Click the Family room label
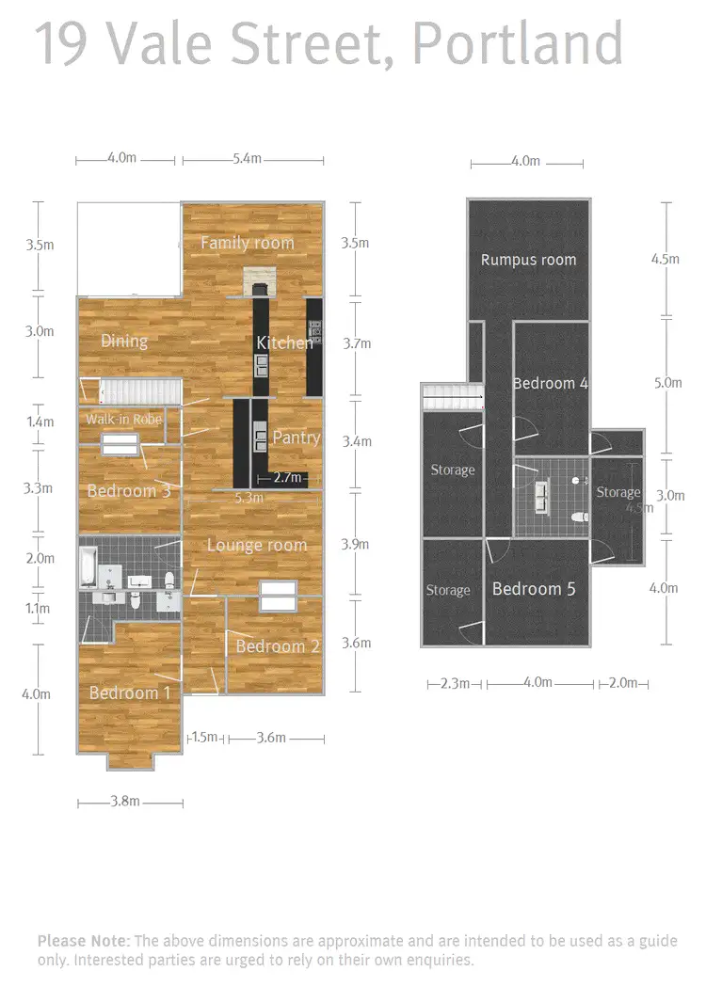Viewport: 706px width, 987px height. [247, 243]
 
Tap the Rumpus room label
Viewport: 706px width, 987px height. [528, 260]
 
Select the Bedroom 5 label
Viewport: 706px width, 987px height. [534, 589]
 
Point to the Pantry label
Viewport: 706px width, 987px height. [296, 438]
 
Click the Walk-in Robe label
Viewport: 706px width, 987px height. [123, 419]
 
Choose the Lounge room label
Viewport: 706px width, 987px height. [256, 545]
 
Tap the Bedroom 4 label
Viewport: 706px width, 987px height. [551, 383]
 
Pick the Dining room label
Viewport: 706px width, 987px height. [123, 341]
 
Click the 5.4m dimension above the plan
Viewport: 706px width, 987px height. [246, 159]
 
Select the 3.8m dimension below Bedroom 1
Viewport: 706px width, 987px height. [124, 802]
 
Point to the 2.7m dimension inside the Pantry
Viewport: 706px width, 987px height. [288, 478]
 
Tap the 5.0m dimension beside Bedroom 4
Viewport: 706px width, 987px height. [666, 383]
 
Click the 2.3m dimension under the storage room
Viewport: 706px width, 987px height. [454, 683]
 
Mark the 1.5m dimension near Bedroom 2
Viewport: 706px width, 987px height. [203, 738]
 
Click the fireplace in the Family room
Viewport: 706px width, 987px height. [257, 280]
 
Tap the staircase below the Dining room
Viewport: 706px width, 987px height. [140, 391]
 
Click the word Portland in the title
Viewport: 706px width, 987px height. [517, 43]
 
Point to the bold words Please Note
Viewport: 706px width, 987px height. [84, 941]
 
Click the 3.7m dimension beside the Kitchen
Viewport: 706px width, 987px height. [358, 343]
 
